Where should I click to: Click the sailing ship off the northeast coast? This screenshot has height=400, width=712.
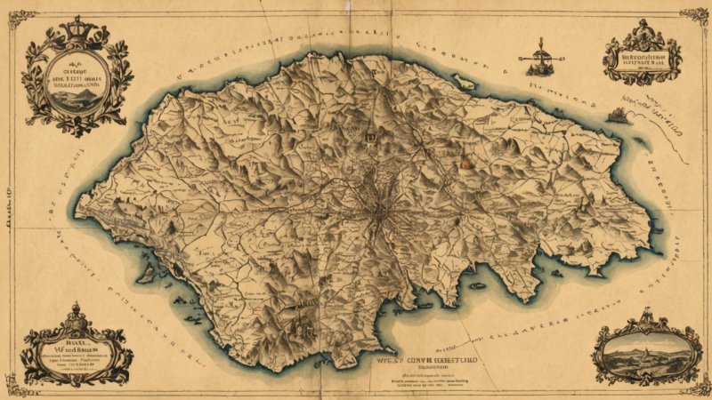pos(617,115)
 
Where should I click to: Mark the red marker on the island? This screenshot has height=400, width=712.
pos(463,164)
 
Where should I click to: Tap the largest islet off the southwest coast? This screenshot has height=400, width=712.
pos(147,276)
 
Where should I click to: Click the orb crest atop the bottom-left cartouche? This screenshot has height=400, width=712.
pos(76,311)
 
